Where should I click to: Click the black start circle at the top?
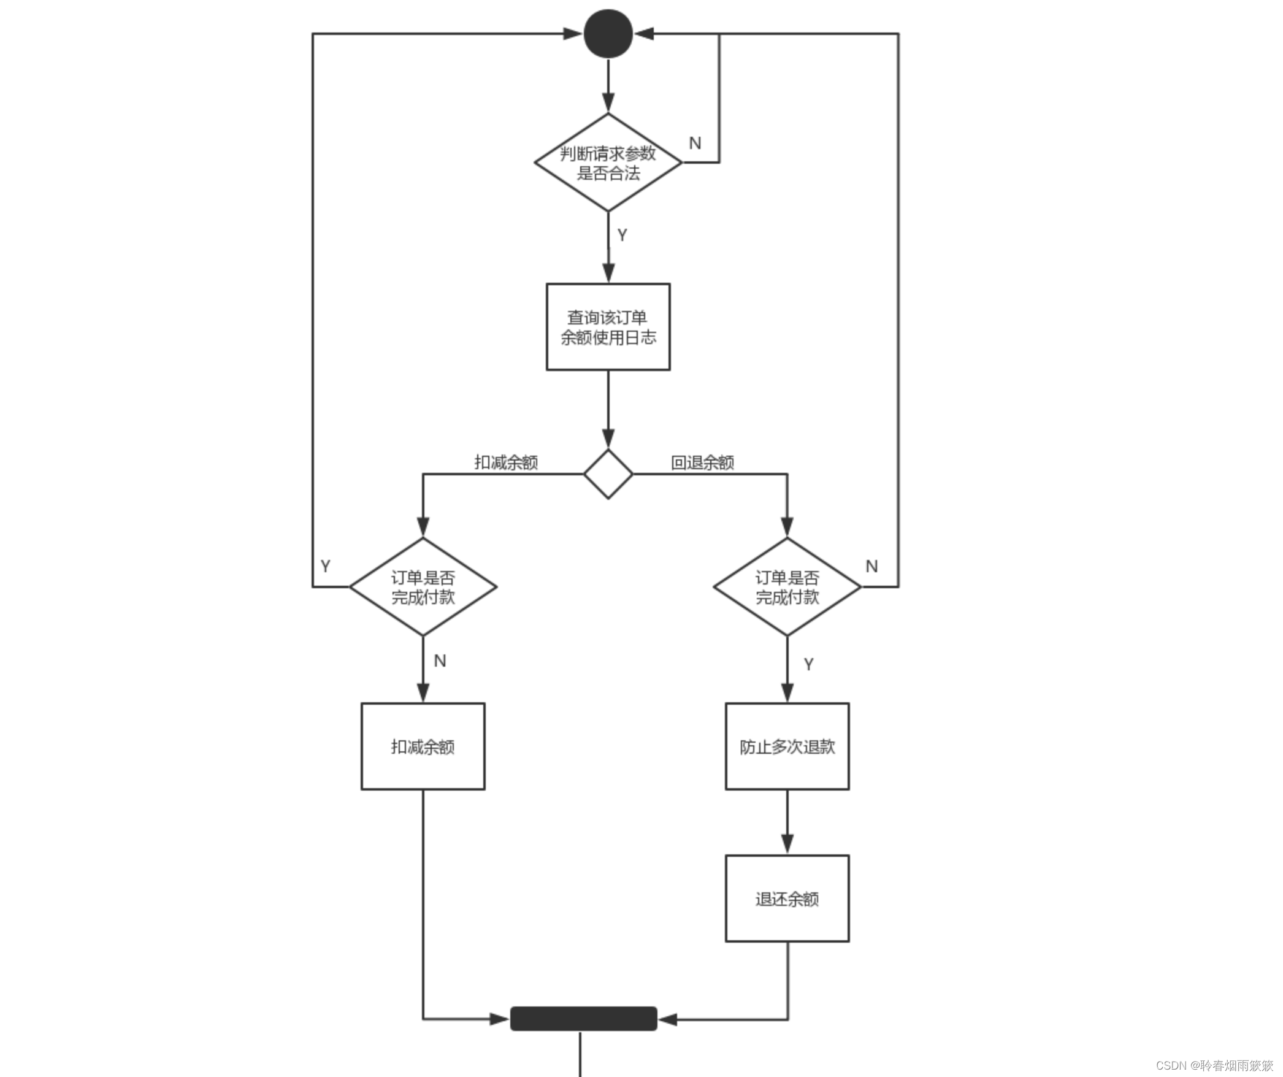608,34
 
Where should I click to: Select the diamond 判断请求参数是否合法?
608,163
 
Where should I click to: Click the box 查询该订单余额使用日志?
608,327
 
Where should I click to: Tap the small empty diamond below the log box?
608,474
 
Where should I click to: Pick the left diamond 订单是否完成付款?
423,587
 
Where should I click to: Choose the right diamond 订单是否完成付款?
787,587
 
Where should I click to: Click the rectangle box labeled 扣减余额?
423,746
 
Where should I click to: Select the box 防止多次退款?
787,746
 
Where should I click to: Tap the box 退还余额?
787,899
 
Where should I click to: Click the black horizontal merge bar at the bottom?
584,1019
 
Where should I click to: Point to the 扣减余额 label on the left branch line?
506,462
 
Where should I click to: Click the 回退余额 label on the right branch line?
702,462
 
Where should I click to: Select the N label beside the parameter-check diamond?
695,143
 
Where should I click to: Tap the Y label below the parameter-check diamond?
622,235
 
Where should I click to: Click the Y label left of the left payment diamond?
326,566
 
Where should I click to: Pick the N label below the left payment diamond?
440,661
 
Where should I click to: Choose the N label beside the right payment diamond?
871,566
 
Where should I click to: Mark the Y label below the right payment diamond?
808,664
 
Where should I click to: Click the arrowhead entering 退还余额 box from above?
787,844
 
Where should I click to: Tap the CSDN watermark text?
1214,1065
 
